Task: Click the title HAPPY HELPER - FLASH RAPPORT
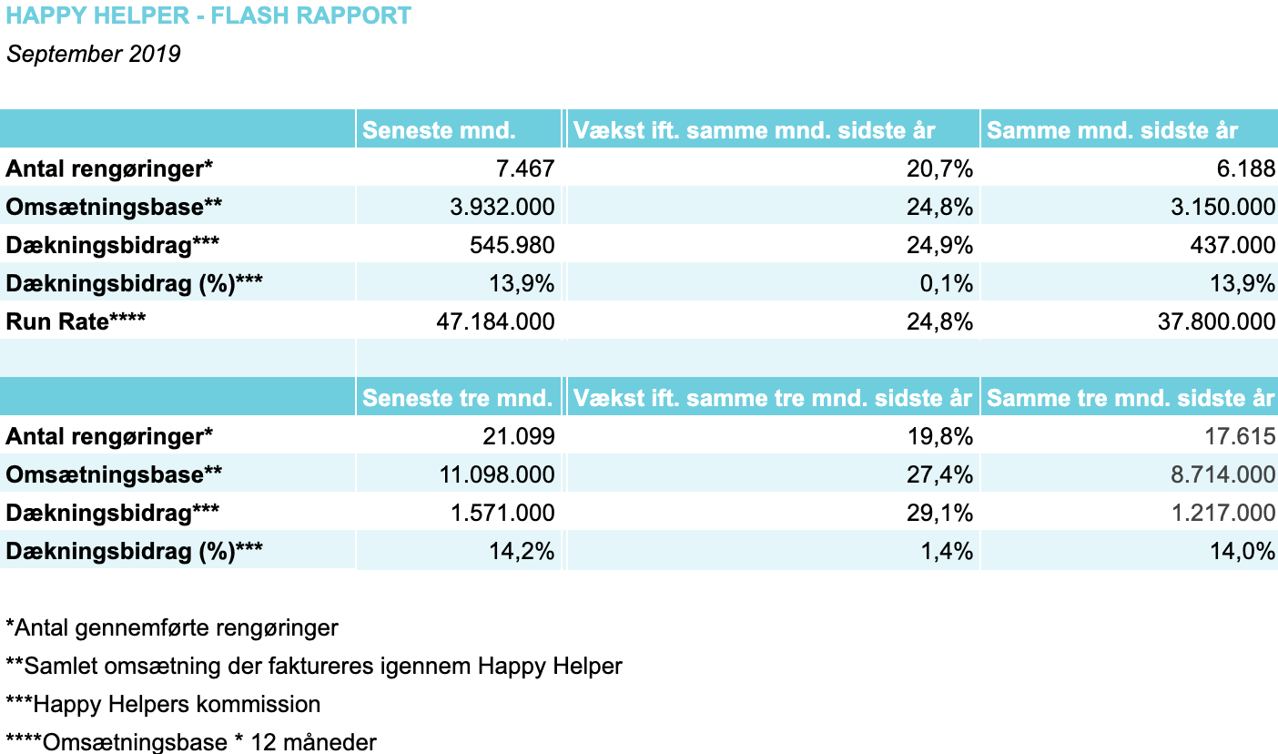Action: [x=208, y=16]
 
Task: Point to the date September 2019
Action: [x=93, y=55]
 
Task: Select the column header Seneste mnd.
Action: [x=439, y=130]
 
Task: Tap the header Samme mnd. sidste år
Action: [x=1112, y=130]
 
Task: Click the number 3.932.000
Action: [x=502, y=207]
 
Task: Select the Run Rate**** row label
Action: [x=76, y=321]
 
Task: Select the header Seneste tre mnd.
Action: [x=457, y=398]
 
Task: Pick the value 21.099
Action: [x=518, y=436]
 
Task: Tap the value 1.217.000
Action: [x=1224, y=513]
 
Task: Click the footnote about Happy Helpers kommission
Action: [x=164, y=704]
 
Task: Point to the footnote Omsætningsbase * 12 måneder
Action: [x=191, y=741]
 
